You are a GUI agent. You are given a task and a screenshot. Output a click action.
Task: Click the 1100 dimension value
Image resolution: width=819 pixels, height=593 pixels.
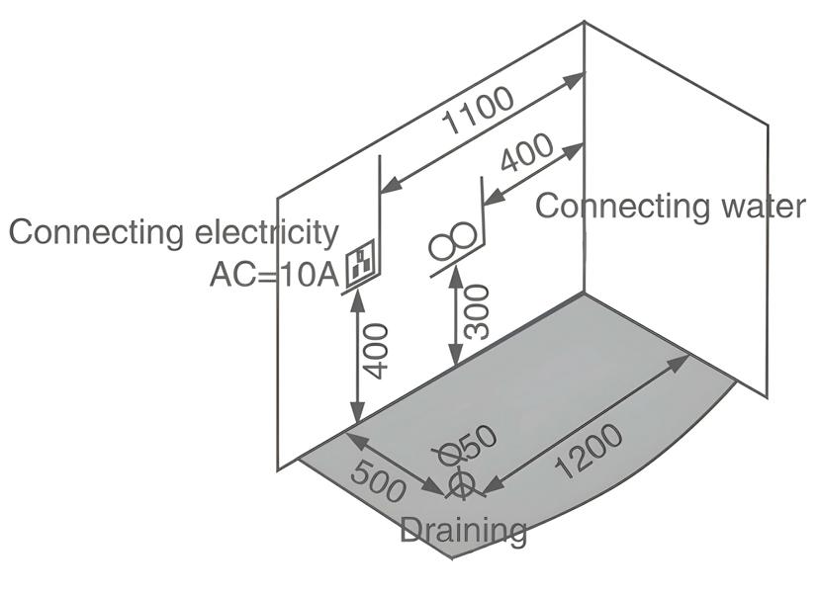pos(479,110)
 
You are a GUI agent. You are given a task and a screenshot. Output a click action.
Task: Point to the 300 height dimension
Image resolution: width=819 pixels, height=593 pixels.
pos(478,311)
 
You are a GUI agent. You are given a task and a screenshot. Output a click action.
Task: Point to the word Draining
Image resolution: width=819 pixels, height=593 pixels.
pos(463,531)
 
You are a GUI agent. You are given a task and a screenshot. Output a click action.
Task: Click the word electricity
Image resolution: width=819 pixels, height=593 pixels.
pos(263,232)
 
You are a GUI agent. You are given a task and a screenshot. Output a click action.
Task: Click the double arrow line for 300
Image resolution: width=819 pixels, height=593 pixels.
pos(454,316)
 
